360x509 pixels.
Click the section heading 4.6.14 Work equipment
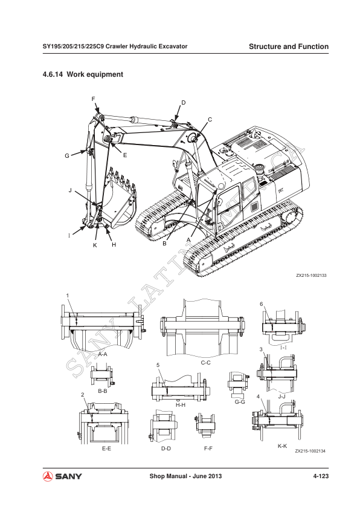tap(83, 74)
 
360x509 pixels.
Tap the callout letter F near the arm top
tap(93, 99)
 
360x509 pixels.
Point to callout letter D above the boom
tap(184, 103)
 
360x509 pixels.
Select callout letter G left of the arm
tap(67, 156)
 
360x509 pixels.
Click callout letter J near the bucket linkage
tap(70, 190)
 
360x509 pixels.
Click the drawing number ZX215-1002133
tap(310, 275)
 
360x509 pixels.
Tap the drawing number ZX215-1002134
tap(310, 451)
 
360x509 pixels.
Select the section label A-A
tap(102, 354)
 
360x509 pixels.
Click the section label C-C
tap(205, 363)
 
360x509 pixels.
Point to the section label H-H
tap(180, 404)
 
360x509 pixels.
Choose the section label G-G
tap(239, 401)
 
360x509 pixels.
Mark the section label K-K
tap(282, 446)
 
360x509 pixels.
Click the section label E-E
tap(106, 449)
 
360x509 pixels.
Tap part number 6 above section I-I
tap(261, 303)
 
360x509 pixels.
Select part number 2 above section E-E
tap(82, 395)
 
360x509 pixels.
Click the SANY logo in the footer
tap(62, 477)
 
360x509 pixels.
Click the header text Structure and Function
tap(288, 47)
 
